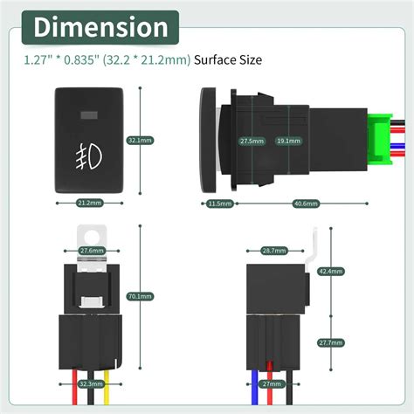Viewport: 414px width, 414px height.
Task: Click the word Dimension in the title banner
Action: pos(100,27)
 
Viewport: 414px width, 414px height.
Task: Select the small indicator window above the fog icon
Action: pos(89,114)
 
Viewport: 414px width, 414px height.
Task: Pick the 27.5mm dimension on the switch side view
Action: pos(251,140)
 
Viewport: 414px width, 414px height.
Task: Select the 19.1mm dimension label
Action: pos(286,140)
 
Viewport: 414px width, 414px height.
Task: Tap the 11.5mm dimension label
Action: pos(220,204)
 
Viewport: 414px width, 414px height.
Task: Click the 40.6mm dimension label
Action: pos(305,204)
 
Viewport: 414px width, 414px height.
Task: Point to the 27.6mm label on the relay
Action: pos(92,250)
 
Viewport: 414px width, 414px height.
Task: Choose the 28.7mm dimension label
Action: pos(273,250)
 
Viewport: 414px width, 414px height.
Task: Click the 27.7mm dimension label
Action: pos(355,342)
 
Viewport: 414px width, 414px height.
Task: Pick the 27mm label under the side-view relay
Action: pos(272,383)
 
